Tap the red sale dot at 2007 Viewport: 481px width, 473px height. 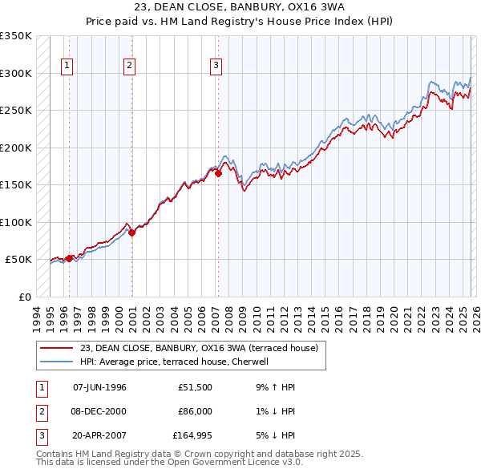(218, 172)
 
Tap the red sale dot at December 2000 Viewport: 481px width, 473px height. (132, 232)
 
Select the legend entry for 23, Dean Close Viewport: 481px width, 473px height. (199, 348)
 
